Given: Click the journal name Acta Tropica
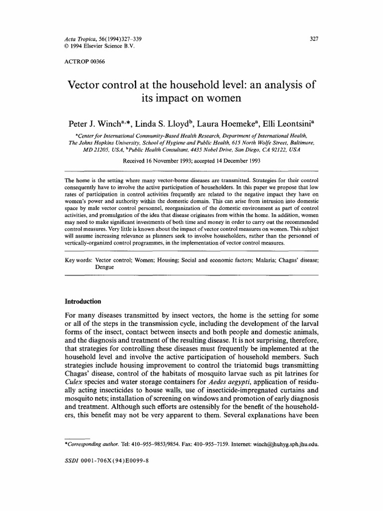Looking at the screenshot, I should [x=80, y=39].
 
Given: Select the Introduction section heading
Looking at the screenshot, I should [x=83, y=301].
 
